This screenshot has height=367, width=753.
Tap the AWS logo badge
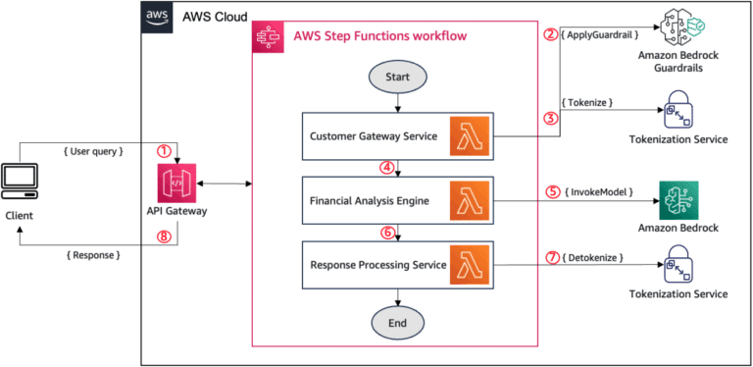coord(157,16)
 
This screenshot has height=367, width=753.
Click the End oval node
coord(396,320)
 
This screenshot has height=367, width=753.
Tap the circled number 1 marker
coord(164,151)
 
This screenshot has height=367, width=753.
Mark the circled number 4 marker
coord(388,168)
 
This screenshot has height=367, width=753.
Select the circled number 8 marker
coord(164,234)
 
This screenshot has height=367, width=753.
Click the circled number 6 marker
coord(388,232)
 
